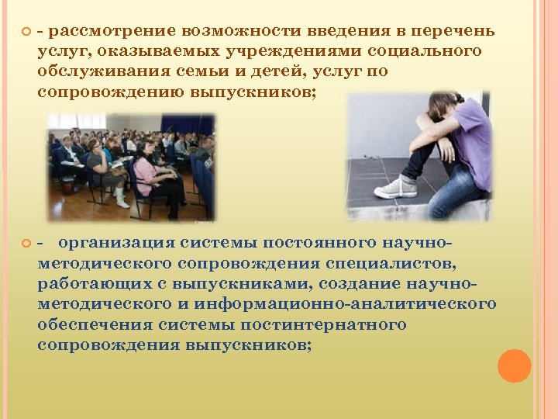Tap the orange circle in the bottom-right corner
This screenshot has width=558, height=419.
point(514,365)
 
